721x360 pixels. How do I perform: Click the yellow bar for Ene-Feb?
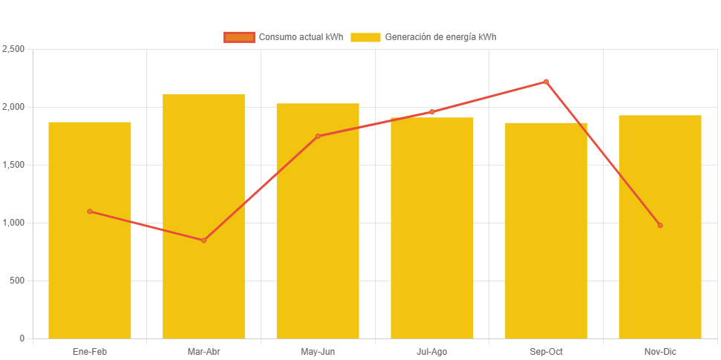point(90,275)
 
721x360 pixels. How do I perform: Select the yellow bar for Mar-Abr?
point(203,289)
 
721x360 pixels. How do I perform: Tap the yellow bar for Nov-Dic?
point(659,282)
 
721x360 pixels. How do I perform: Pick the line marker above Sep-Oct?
point(546,82)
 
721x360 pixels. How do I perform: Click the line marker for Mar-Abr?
point(203,240)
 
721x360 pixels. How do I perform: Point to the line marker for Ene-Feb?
point(90,212)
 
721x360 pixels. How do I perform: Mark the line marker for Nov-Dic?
point(659,225)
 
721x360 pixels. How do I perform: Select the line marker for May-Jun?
point(318,137)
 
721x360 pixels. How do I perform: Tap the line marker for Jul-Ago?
point(431,112)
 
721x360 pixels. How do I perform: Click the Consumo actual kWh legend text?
point(300,37)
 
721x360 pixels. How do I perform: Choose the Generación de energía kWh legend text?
point(440,37)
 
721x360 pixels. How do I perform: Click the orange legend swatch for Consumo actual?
point(239,37)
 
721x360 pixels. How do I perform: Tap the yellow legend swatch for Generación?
point(365,37)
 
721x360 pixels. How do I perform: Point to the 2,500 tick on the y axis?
point(14,49)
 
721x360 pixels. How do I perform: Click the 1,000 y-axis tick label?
point(14,223)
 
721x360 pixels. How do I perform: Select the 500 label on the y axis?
point(17,281)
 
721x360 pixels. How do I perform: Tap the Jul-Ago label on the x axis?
point(431,351)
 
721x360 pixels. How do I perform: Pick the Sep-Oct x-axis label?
point(546,351)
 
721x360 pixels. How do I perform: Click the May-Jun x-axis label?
point(318,351)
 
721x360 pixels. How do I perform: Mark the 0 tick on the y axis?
point(22,338)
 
